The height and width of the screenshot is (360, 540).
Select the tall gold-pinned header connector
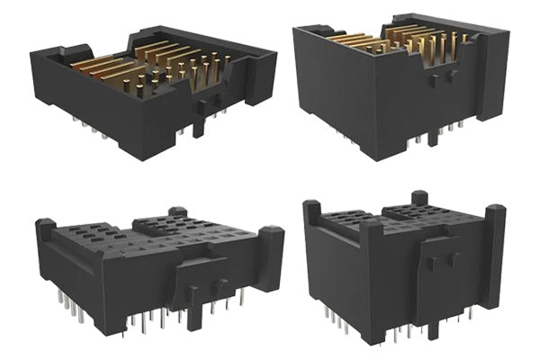(396, 85)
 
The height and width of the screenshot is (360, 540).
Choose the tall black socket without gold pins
(405, 270)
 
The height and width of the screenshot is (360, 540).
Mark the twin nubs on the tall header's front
(438, 81)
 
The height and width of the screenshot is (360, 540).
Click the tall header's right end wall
(486, 72)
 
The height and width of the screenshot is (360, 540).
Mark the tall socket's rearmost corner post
(418, 197)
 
